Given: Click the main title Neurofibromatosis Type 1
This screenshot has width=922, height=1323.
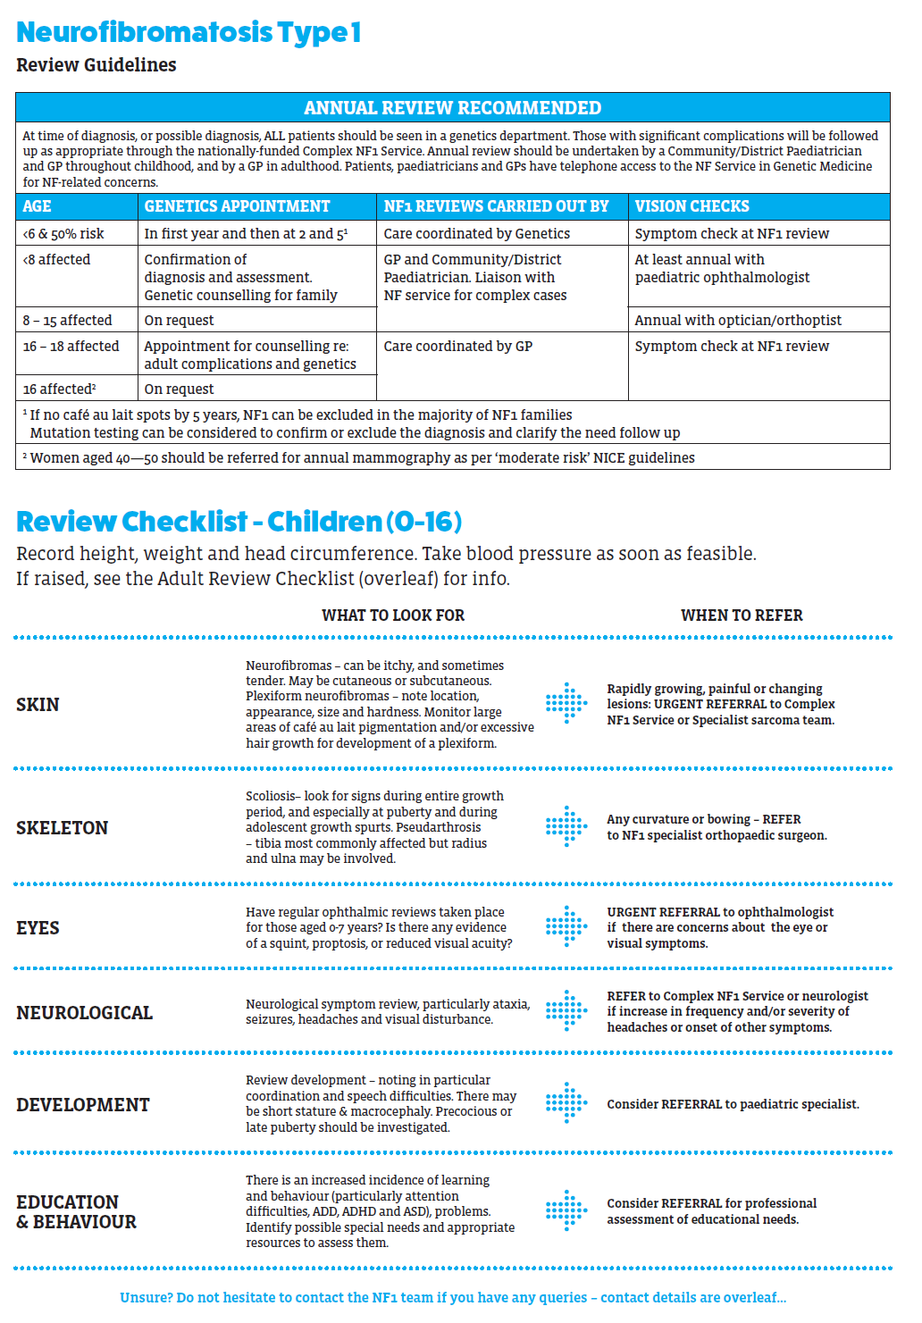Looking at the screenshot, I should pos(189,32).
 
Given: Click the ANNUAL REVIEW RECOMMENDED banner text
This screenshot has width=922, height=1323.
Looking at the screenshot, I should pos(452,108).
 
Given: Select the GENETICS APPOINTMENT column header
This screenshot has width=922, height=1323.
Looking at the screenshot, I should pos(237,206).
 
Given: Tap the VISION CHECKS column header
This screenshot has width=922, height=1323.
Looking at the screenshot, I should pos(691,206).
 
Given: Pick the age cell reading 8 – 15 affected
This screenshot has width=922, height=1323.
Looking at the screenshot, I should pos(68,320).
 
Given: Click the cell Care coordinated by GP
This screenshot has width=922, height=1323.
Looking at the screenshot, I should pos(457,346).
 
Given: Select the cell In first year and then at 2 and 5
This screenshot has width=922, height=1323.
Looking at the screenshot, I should pos(246,233).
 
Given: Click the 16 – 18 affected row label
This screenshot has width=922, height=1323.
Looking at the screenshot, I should pos(71,346).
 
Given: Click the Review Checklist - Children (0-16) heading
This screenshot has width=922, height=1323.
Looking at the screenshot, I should pos(239,521).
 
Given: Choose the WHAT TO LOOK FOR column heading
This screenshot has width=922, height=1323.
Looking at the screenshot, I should pos(393,615).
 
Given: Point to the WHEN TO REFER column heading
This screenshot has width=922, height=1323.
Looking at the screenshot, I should pos(742,615).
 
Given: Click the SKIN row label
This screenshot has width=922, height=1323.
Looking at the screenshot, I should pos(38,705).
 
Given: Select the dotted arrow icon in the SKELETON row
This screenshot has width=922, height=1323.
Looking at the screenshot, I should pos(566,826).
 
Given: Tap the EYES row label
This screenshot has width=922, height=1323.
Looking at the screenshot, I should pos(38,928).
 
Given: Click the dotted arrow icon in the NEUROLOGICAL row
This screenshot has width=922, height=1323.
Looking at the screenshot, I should pos(566,1011).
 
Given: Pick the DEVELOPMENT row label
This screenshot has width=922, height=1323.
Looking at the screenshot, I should pos(83,1105).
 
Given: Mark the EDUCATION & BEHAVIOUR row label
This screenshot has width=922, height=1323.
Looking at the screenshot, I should pos(76,1212).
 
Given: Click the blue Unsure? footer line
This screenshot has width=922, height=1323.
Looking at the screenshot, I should pos(453,1297).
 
